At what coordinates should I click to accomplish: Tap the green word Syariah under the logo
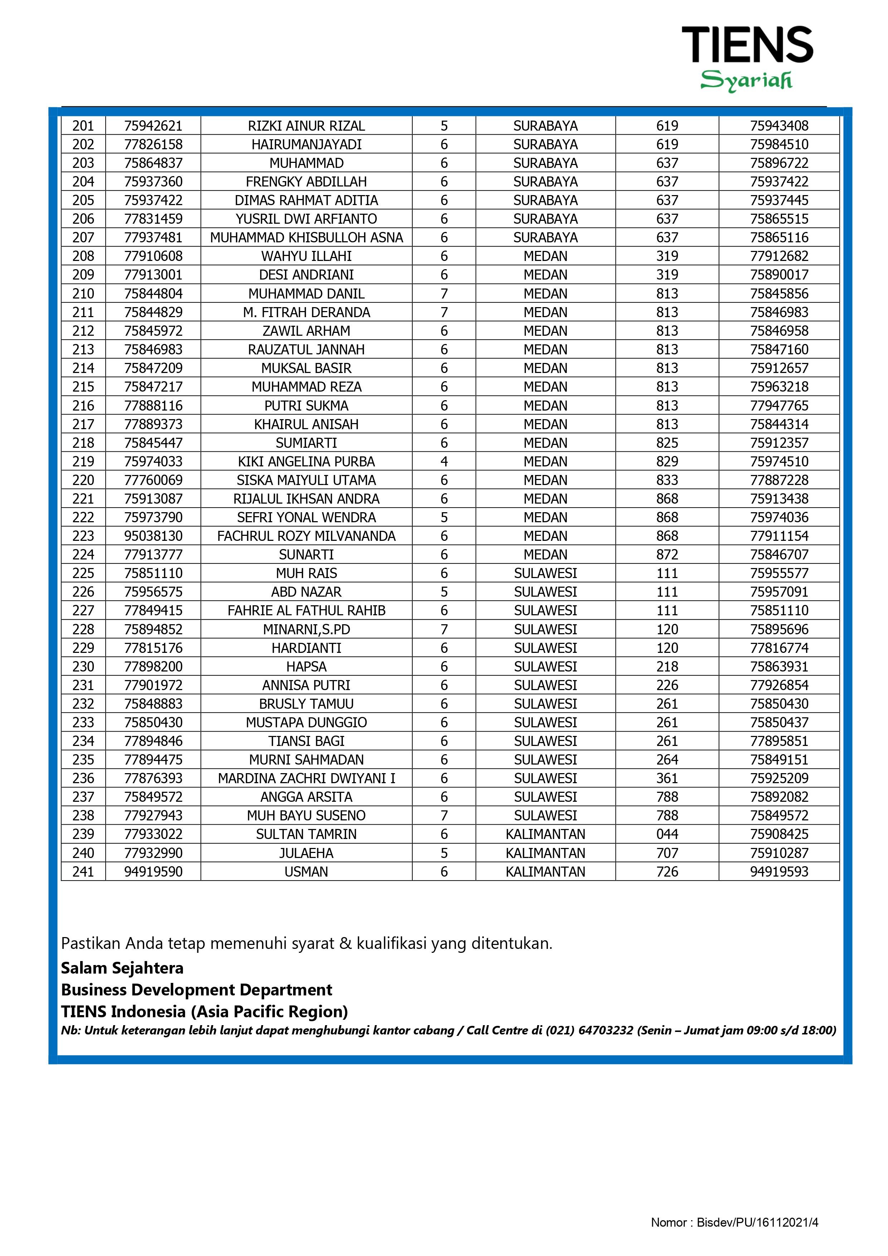[746, 81]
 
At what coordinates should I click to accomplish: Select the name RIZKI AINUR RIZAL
[306, 126]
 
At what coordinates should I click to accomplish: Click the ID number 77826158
[153, 144]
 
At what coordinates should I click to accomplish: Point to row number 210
[83, 294]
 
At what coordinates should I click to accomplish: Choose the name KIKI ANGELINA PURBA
[306, 462]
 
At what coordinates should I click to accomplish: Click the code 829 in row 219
[667, 462]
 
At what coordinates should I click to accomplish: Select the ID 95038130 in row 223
[153, 536]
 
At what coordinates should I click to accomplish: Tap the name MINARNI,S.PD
[306, 630]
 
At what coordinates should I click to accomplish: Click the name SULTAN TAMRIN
[306, 834]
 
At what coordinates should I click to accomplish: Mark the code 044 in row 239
[667, 834]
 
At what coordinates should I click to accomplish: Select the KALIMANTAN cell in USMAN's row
[545, 872]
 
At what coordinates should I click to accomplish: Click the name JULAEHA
[306, 853]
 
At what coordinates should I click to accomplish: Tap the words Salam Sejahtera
[122, 968]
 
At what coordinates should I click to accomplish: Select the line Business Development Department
[196, 990]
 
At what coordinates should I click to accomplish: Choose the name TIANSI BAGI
[306, 741]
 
